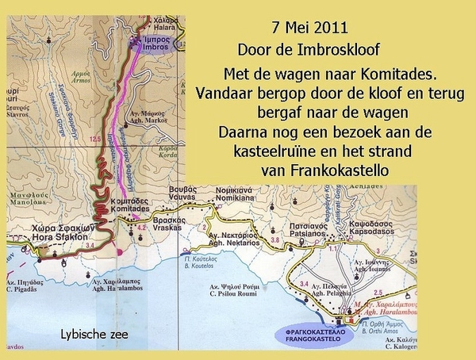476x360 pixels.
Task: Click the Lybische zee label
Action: [94, 334]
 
